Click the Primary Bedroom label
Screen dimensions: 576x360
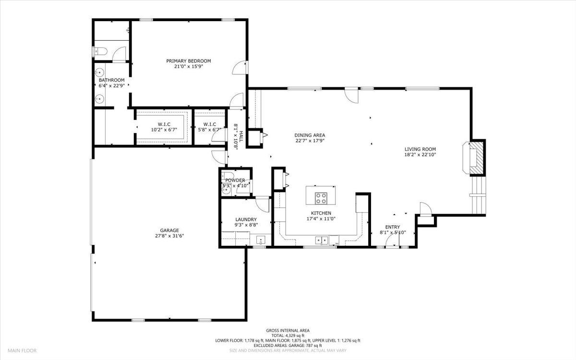tap(189, 61)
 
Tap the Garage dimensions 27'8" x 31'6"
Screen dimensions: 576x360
tap(169, 236)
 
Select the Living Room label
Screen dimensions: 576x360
tap(420, 149)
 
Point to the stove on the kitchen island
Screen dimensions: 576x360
tap(321, 198)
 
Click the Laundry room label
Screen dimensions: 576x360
tap(246, 219)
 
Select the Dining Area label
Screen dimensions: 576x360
tap(310, 135)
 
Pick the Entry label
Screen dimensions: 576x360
tap(393, 227)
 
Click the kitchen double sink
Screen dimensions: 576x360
tap(322, 240)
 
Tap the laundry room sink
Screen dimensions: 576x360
tap(261, 240)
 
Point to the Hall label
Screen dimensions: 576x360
tap(241, 136)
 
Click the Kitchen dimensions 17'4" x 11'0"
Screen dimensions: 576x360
tap(321, 219)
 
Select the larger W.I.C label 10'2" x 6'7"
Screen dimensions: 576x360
tap(164, 127)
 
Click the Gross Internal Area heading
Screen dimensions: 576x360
tap(288, 331)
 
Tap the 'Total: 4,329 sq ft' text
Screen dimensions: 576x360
tap(288, 336)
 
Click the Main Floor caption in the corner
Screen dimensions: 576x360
tap(22, 350)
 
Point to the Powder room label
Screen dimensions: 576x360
tap(235, 180)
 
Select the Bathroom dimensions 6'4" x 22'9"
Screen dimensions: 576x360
tap(111, 85)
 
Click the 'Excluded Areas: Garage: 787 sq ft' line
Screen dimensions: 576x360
tap(288, 346)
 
